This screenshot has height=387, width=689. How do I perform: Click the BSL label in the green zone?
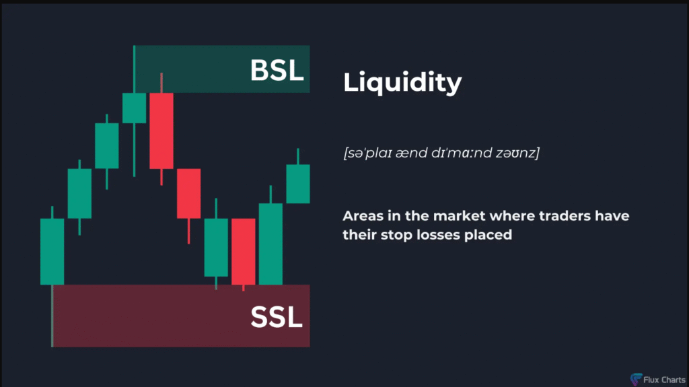277,70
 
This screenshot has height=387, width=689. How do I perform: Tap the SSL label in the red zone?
277,317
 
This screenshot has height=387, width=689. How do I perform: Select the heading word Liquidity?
402,83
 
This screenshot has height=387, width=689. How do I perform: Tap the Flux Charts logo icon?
636,379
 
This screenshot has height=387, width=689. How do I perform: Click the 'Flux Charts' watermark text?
664,380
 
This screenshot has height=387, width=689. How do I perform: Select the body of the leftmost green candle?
52,252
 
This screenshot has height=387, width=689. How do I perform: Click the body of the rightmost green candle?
298,184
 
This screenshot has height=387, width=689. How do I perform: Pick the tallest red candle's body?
161,131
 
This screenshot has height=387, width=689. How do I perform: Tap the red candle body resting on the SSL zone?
244,252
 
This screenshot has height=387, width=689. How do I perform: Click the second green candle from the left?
79,194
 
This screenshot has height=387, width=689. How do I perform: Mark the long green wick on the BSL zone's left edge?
134,69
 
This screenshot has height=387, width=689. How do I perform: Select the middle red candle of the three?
189,194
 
